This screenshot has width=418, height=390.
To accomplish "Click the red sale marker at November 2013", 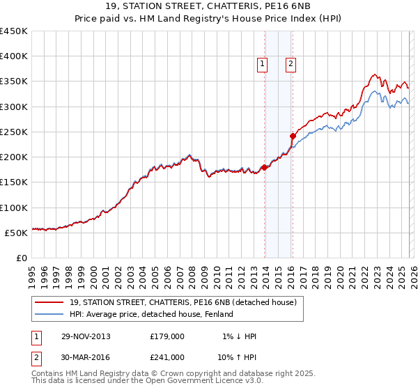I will coord(265,167).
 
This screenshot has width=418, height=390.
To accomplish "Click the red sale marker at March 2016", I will coord(293,136).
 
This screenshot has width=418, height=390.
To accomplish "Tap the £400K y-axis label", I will coord(14,56).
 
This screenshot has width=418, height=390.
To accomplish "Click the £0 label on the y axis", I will coord(21,258).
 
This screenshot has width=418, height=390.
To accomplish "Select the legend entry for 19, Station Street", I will coord(183,302).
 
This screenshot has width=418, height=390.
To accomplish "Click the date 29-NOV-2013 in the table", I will coord(86,336).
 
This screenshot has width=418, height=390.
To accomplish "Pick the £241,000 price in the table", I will coord(167,357).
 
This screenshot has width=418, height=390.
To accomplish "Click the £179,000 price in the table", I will coord(167,336).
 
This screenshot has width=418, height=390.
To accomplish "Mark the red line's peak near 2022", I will coord(375,74).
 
